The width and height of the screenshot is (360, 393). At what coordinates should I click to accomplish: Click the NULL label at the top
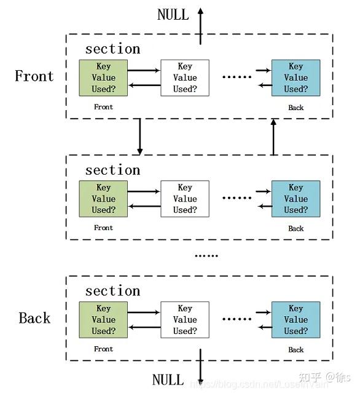[x=173, y=15]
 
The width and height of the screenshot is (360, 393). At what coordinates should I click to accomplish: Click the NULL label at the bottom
[x=168, y=379]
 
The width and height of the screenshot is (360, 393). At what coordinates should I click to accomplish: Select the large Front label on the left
[x=34, y=76]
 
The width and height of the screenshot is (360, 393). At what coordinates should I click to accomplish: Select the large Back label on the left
[x=34, y=318]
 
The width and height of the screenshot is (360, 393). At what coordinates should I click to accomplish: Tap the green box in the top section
[x=103, y=77]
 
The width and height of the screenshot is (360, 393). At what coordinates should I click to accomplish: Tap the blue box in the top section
[x=295, y=77]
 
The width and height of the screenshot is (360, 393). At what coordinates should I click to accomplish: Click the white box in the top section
[x=184, y=77]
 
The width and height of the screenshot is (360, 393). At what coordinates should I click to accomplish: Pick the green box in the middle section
[x=103, y=199]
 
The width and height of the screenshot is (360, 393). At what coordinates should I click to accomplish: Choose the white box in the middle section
[x=184, y=199]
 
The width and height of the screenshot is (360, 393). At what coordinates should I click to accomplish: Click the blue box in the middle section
[x=295, y=199]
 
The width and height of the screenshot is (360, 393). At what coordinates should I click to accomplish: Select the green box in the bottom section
[x=103, y=320]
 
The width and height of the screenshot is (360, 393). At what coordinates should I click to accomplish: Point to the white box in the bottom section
[x=184, y=320]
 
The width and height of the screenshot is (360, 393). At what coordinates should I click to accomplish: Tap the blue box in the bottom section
[x=295, y=320]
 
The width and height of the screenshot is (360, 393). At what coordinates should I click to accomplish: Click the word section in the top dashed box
[x=112, y=49]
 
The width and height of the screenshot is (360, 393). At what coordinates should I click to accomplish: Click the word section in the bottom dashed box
[x=112, y=291]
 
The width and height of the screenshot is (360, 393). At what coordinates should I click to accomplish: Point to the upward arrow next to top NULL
[x=200, y=26]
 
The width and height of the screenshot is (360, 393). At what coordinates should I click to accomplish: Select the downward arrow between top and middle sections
[x=139, y=136]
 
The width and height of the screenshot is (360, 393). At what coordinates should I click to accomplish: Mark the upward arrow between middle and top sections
[x=273, y=136]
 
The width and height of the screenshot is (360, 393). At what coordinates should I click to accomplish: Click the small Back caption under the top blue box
[x=295, y=108]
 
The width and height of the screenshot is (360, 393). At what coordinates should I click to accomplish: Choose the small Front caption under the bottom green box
[x=103, y=349]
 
